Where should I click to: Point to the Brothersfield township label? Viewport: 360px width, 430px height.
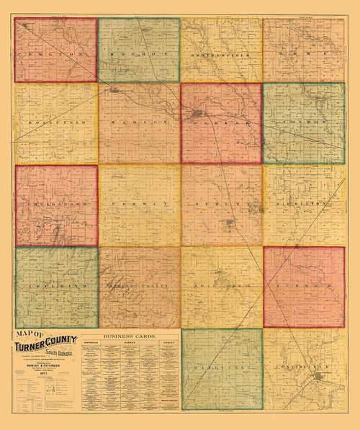(220, 54)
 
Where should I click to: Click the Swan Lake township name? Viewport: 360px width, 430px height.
(220, 287)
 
